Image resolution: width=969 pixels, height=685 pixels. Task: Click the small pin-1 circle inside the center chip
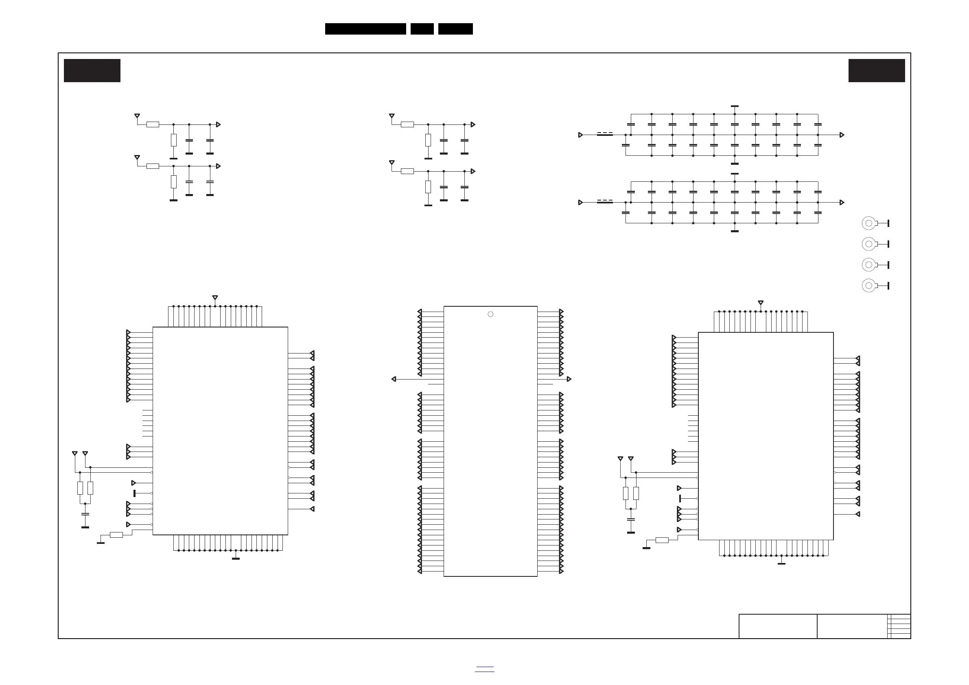[490, 314]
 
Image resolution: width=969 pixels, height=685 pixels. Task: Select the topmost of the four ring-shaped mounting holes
[868, 223]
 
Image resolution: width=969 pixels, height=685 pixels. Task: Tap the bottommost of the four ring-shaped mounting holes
[868, 286]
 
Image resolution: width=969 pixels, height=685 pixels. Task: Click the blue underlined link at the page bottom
[484, 669]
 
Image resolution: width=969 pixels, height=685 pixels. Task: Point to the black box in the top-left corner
[92, 70]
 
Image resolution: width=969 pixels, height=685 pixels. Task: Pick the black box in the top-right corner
[877, 70]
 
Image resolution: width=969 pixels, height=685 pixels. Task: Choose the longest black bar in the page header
[365, 29]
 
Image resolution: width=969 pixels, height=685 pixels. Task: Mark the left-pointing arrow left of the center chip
[394, 379]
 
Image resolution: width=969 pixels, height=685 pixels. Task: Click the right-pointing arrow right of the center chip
[569, 379]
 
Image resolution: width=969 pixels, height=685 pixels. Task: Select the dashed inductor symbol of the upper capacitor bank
[605, 134]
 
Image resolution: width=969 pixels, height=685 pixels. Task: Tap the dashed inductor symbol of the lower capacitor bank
[605, 202]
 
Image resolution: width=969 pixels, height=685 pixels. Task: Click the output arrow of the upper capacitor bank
[842, 135]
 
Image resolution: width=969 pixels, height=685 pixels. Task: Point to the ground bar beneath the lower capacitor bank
[735, 231]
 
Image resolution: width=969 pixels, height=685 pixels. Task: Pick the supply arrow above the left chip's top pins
[215, 298]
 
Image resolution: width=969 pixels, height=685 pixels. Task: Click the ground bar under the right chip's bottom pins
[782, 563]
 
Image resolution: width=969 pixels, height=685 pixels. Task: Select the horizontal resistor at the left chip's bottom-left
[116, 535]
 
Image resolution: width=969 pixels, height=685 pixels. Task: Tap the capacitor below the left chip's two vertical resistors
[85, 515]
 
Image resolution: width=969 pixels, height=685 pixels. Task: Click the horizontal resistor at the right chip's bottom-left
[662, 540]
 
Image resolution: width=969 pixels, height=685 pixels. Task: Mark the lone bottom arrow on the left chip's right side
[312, 509]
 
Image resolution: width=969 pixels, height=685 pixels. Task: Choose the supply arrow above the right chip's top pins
[761, 303]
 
